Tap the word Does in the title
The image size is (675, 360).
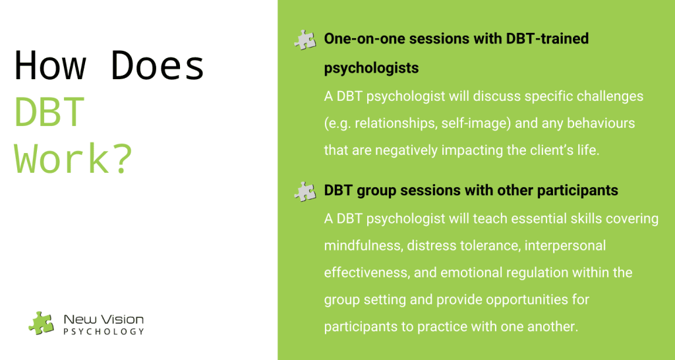pos(158,66)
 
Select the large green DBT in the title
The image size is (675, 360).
pos(49,112)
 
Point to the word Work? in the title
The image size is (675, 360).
pos(73,159)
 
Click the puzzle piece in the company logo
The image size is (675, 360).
pos(42,323)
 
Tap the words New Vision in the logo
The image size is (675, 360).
pos(103,320)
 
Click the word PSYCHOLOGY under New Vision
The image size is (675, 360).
pos(103,332)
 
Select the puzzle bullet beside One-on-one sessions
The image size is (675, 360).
pos(305,40)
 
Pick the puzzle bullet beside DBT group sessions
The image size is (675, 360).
pos(305,191)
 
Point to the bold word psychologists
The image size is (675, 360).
pos(372,68)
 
